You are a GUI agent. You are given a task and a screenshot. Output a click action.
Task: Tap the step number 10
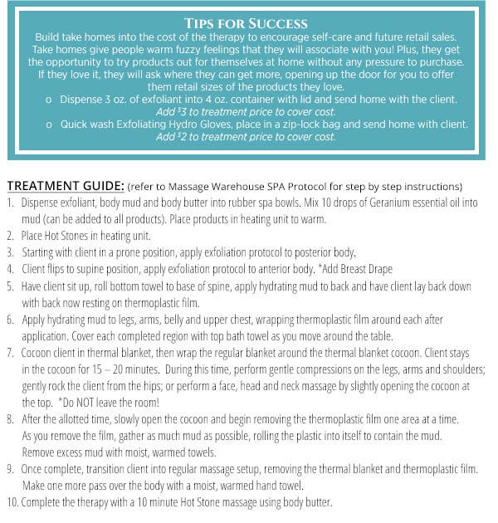click(12, 502)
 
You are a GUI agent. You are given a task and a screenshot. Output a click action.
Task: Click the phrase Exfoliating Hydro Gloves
click(173, 124)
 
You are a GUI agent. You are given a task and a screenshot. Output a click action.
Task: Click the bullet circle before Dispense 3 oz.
click(51, 98)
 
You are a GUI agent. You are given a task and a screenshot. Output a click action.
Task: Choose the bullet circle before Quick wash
click(51, 125)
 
